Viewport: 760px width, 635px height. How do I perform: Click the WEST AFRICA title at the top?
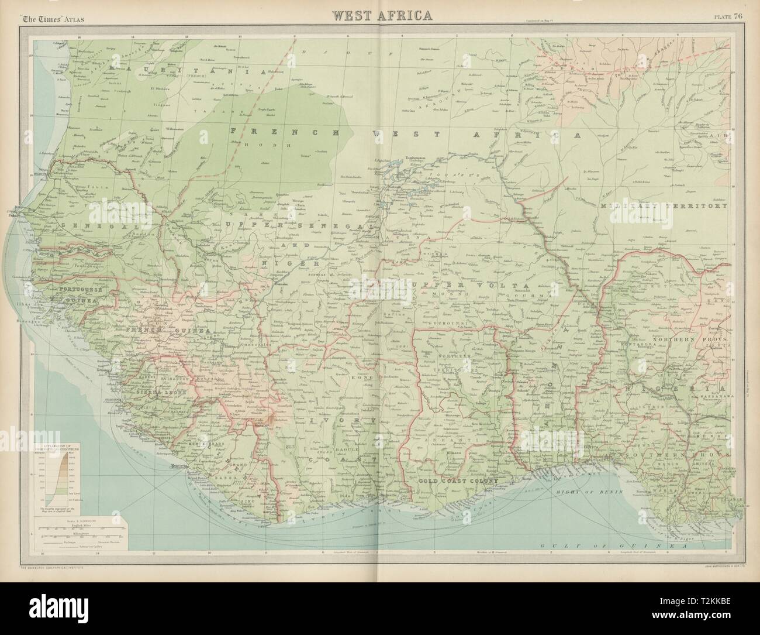point(382,15)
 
